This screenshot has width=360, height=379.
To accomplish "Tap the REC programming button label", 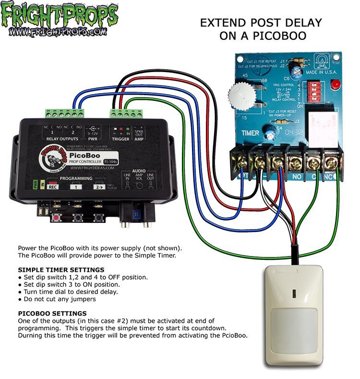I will click(52, 187).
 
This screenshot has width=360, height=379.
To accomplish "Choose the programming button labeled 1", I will click(76, 187).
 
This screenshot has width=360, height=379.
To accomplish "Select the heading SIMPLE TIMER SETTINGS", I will click(60, 270).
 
